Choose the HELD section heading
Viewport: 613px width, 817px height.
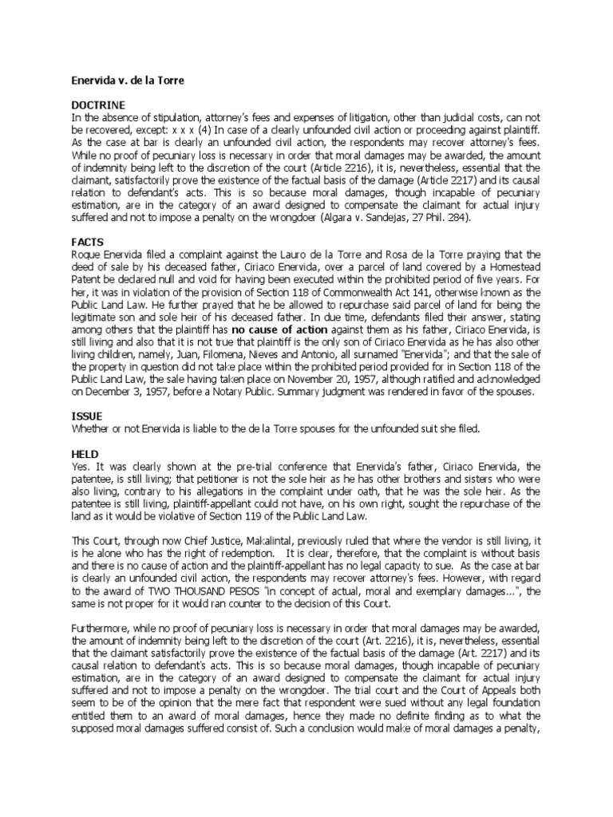pyautogui.click(x=85, y=452)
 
